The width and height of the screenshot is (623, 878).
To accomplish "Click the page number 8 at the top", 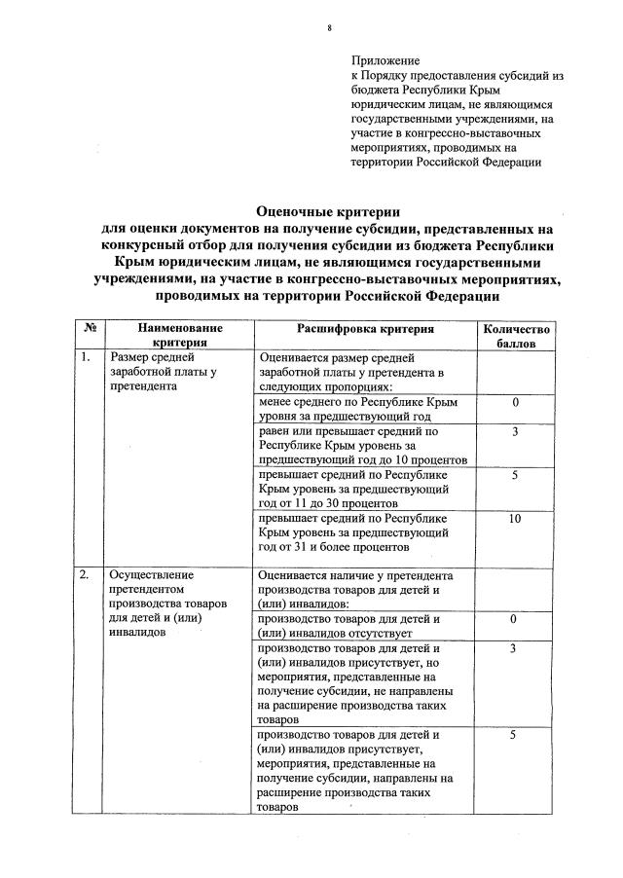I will coord(329,29).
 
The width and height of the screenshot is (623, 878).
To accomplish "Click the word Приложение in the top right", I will coord(385,61).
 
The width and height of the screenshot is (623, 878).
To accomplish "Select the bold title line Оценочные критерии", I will coord(328,211).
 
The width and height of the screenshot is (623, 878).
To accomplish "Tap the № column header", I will coord(89,330).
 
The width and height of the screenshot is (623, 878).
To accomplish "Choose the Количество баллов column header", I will coord(516,337).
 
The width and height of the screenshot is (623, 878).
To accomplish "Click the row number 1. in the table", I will coord(87,358).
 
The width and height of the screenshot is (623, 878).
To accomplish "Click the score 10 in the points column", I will coord(515,520).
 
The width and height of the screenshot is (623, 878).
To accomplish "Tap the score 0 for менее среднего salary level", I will coord(515,402).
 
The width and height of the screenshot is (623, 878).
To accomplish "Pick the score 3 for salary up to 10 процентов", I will coord(515,431).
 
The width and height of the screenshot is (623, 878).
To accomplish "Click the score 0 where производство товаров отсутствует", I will coord(515,619).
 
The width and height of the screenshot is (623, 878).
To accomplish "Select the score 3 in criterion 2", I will coord(515,648).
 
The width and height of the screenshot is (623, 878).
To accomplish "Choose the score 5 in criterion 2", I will coord(515,735).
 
